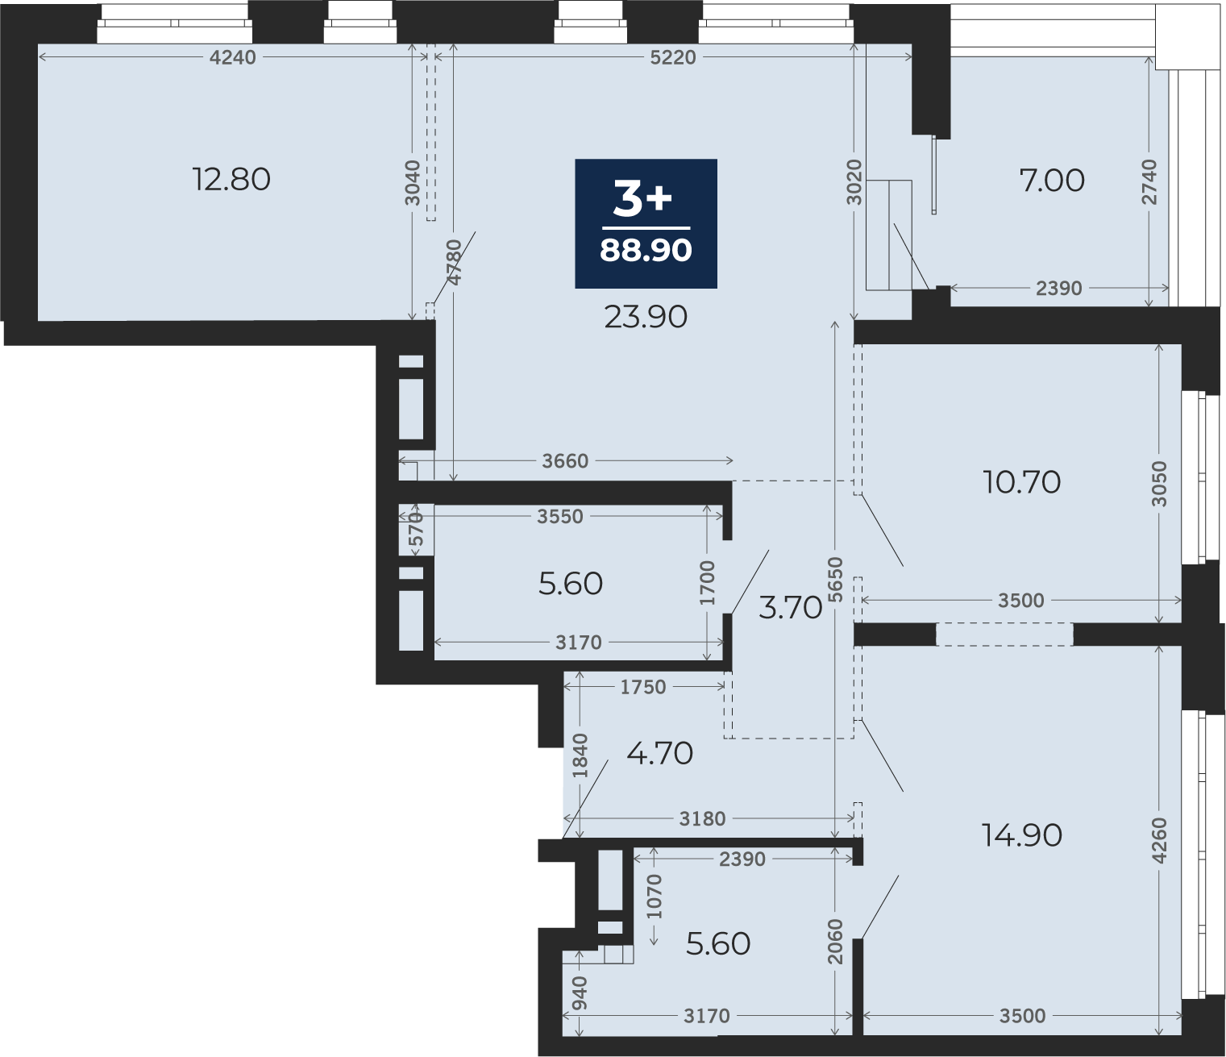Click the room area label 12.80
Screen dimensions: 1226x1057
click(x=231, y=179)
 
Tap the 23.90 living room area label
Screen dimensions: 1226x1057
click(x=646, y=317)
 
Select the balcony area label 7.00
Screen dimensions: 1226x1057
click(x=1052, y=181)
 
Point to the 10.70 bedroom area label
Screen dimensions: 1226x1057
click(x=1021, y=481)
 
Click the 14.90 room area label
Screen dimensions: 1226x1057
click(x=1021, y=835)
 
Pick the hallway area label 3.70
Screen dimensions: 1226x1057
click(x=790, y=607)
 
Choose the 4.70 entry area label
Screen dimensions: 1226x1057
click(x=659, y=753)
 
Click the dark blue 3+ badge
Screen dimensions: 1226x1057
click(x=646, y=223)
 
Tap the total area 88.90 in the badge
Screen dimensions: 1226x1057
click(x=646, y=250)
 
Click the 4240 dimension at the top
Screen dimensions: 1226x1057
click(x=233, y=57)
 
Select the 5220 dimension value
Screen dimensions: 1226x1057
click(x=672, y=57)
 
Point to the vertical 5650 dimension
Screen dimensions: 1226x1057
click(x=835, y=580)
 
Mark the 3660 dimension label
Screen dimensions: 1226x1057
click(x=565, y=461)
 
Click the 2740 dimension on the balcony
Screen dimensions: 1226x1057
click(x=1149, y=181)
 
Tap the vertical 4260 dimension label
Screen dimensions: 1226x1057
click(x=1159, y=840)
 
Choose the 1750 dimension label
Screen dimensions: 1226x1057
click(x=643, y=687)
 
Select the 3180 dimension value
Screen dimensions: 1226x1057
click(x=702, y=818)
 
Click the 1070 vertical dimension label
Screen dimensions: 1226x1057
click(x=654, y=897)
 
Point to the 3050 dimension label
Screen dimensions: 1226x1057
click(x=1159, y=484)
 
